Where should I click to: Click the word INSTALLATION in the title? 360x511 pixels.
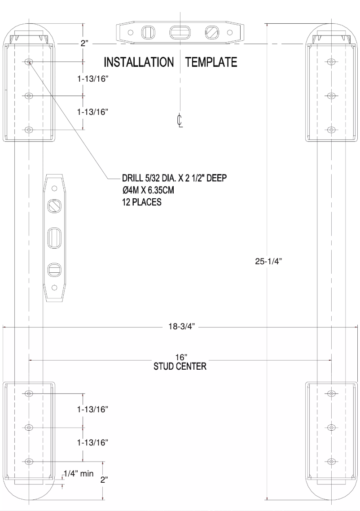(x=139, y=62)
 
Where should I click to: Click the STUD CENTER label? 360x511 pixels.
(x=180, y=367)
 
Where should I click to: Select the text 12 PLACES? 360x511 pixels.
(x=139, y=202)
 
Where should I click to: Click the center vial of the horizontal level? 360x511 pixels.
(x=180, y=32)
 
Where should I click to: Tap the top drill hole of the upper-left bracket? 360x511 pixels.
(x=29, y=61)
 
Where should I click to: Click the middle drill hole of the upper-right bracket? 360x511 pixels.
(x=331, y=96)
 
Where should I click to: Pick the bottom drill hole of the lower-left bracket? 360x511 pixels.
(x=29, y=461)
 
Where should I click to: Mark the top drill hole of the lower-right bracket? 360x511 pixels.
(x=331, y=393)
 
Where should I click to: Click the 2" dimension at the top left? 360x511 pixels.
(x=84, y=44)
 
